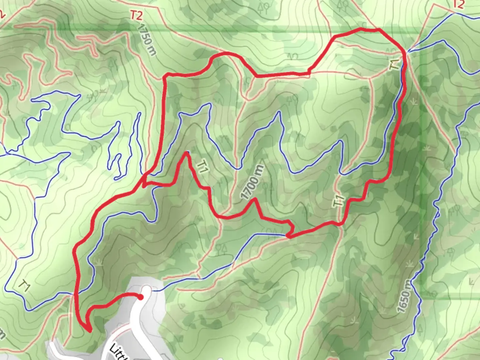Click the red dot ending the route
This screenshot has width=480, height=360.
coord(141,297)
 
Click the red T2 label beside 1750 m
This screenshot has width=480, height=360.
coord(136,15)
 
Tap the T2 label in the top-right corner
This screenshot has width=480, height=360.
coord(459,4)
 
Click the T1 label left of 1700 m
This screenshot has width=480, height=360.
coord(202,166)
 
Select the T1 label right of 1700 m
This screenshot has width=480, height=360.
coord(339,201)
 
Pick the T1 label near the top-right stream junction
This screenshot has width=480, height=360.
coord(394,64)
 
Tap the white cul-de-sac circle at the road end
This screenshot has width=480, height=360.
coord(147,289)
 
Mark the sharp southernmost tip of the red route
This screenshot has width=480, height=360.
coord(90,331)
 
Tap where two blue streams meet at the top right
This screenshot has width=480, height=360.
coord(408,52)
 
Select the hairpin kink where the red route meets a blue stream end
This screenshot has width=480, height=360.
coord(289,236)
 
